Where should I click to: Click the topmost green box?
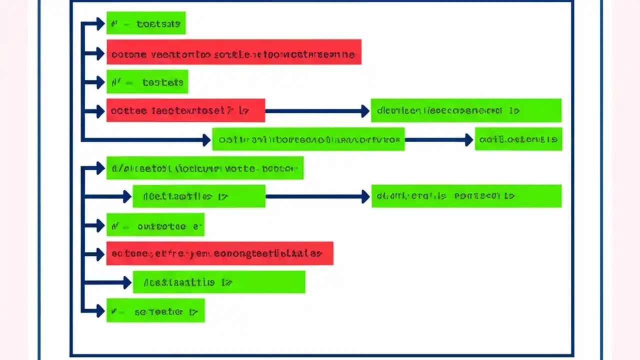(x=146, y=23)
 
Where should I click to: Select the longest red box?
(x=233, y=52)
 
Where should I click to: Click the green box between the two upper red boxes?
(x=147, y=81)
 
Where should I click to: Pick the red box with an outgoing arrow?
(x=185, y=110)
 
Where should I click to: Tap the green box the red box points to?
(x=466, y=110)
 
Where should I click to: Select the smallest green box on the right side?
(x=518, y=139)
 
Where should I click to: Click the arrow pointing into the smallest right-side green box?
(x=438, y=140)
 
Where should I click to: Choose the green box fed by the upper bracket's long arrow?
(x=308, y=139)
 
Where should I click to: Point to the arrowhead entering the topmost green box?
(x=100, y=23)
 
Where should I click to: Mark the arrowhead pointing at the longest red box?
(x=100, y=52)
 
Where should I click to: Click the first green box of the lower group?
(x=205, y=168)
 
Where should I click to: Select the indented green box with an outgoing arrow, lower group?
(x=198, y=196)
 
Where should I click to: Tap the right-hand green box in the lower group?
(x=466, y=196)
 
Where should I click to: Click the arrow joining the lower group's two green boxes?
(x=317, y=196)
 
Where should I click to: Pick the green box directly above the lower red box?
(x=155, y=225)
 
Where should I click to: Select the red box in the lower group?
(x=219, y=253)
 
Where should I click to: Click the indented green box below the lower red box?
(x=218, y=282)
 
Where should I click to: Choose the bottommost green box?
(x=155, y=311)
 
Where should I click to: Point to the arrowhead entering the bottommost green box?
(x=100, y=311)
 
